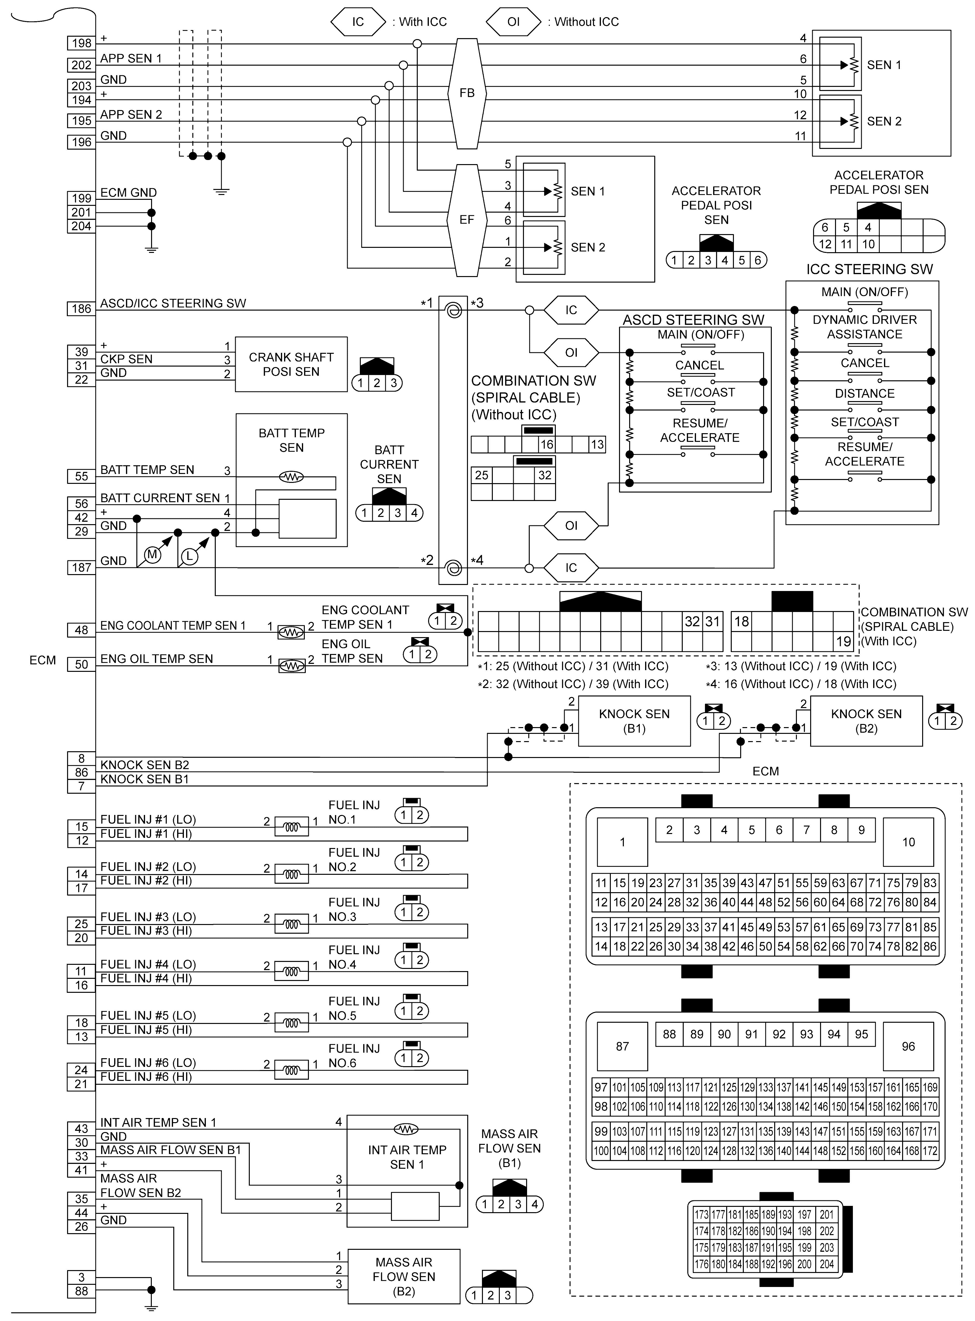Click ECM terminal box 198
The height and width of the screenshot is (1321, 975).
pyautogui.click(x=81, y=43)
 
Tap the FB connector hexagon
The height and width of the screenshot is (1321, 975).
pyautogui.click(x=467, y=93)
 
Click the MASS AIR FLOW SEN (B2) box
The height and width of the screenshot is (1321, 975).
pyautogui.click(x=404, y=1276)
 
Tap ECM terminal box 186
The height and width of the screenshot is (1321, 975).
pyautogui.click(x=81, y=309)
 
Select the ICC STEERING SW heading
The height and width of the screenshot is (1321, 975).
pyautogui.click(x=869, y=270)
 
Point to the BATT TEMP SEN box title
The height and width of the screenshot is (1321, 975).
pyautogui.click(x=292, y=440)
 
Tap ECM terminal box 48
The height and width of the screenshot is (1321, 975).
pyautogui.click(x=81, y=630)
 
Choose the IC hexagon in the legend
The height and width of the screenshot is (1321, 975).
pyautogui.click(x=358, y=22)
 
